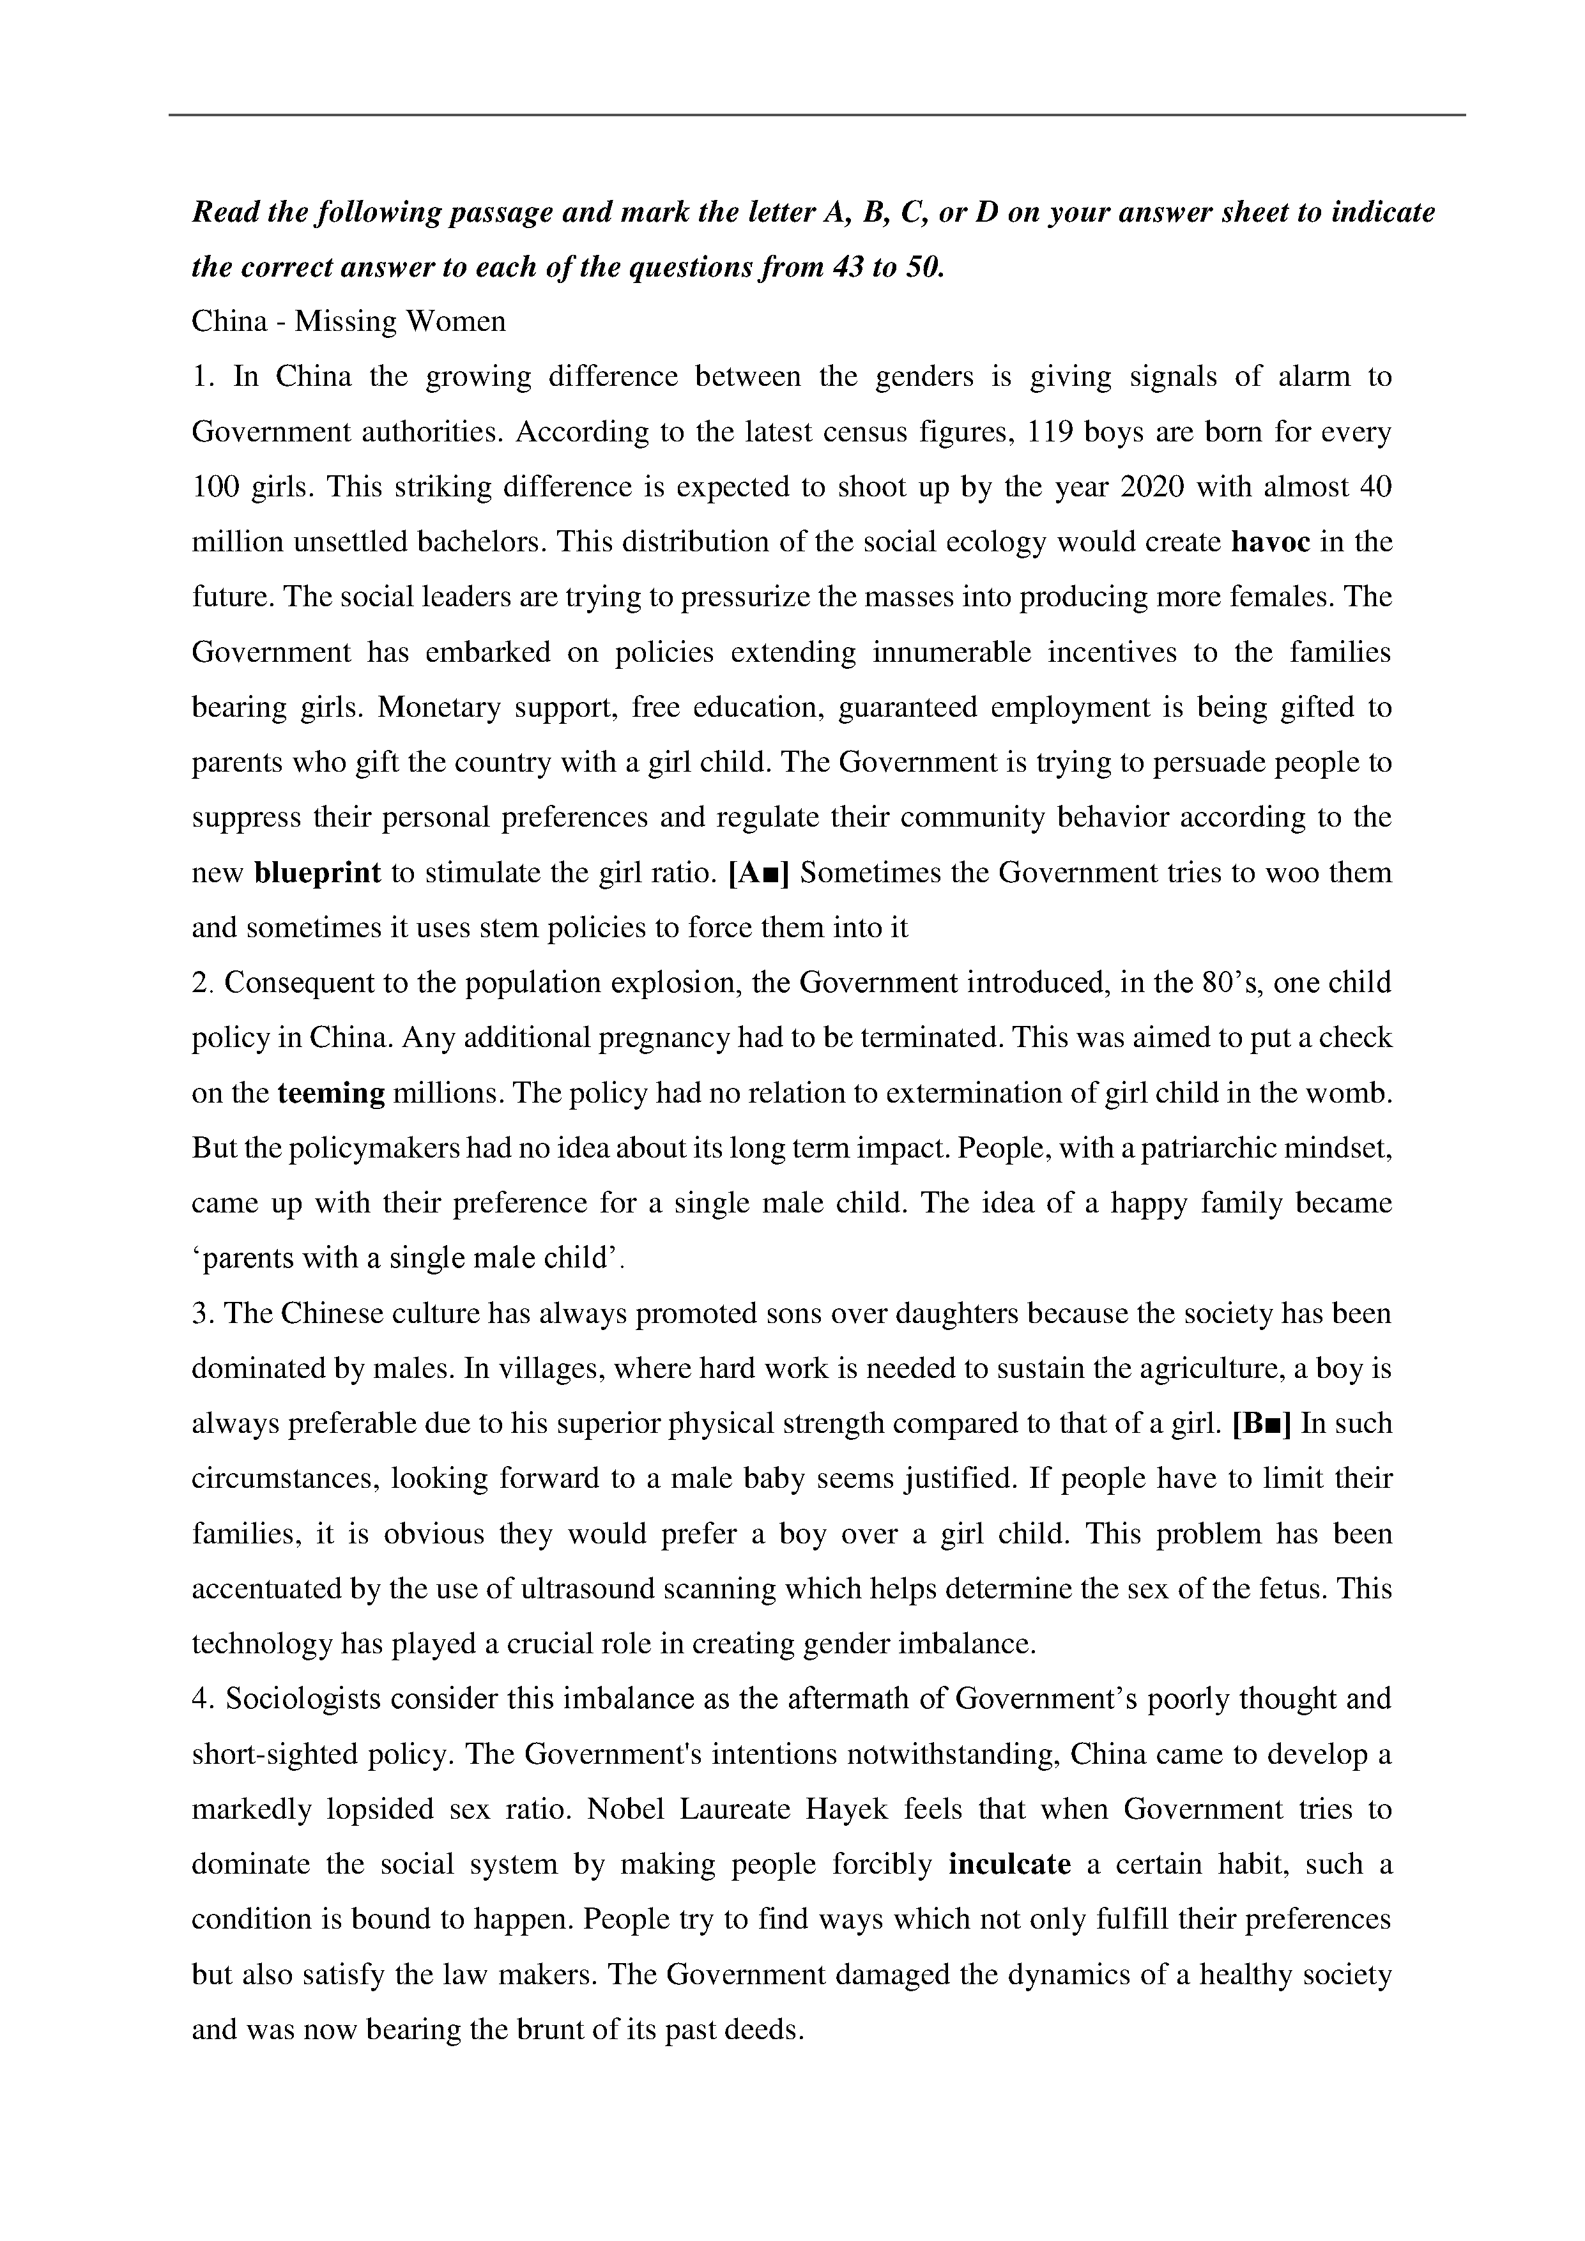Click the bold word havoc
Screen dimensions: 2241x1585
[x=1270, y=542]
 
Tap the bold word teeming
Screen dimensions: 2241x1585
[x=331, y=1093]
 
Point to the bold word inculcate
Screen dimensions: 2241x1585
[x=1009, y=1864]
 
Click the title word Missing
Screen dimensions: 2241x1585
[x=344, y=322]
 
